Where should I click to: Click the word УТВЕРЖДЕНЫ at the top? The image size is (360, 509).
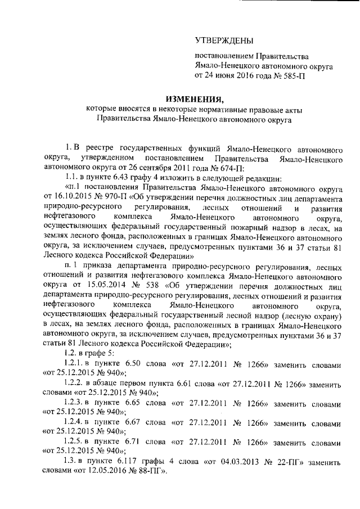click(x=223, y=40)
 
